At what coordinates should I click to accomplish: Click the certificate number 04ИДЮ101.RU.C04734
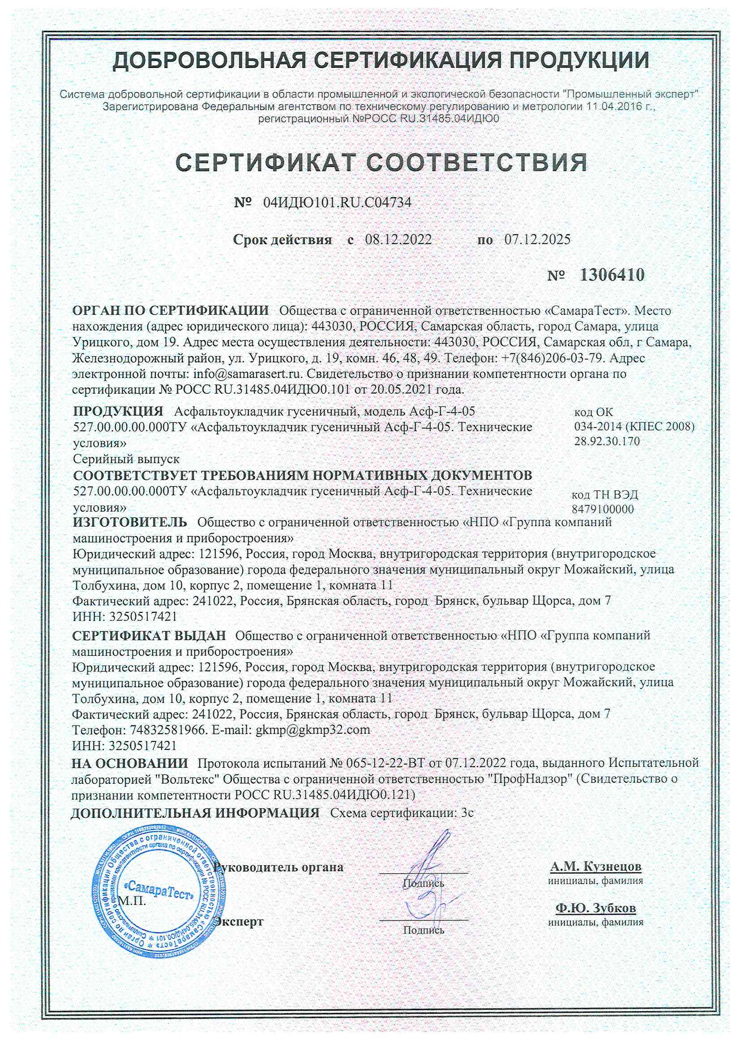337,202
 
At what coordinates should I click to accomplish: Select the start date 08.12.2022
398,240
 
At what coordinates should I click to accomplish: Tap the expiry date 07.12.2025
537,240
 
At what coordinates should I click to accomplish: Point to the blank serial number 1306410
612,275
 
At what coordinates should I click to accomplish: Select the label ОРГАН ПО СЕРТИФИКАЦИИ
171,310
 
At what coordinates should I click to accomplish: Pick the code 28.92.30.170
607,441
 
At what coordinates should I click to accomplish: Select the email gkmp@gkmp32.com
313,729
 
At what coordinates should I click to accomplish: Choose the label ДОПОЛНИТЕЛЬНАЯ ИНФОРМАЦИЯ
195,813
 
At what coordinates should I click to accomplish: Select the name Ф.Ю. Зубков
595,908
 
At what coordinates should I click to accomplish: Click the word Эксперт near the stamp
239,922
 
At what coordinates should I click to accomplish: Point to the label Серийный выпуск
126,459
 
